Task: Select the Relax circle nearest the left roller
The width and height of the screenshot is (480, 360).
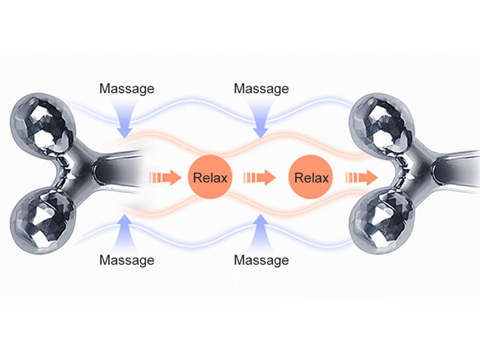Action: (x=210, y=176)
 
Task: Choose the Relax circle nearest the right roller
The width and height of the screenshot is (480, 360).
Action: (x=312, y=176)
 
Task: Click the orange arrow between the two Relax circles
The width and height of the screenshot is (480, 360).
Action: (x=260, y=176)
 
